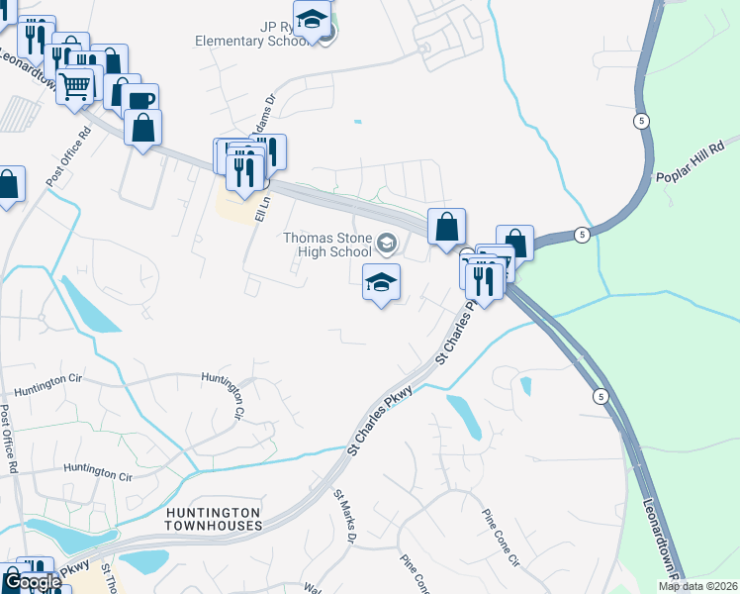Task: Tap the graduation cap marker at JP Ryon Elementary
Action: (x=313, y=21)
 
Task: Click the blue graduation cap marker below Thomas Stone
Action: (x=381, y=283)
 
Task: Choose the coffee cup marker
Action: (x=140, y=101)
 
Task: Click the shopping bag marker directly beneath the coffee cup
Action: (x=143, y=128)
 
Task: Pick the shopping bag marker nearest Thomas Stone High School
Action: (x=447, y=226)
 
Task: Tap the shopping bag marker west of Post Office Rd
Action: (x=8, y=184)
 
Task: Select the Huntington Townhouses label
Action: (x=214, y=519)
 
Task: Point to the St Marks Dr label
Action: (x=344, y=517)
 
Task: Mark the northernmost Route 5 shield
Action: (x=643, y=121)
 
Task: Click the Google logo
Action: (x=33, y=583)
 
